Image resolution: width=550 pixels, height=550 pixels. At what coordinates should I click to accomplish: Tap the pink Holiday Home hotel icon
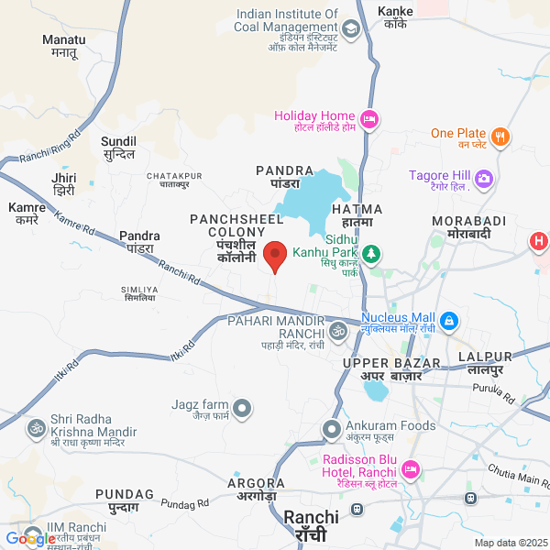(369, 119)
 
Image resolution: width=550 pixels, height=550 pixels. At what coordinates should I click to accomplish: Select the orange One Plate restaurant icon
(500, 137)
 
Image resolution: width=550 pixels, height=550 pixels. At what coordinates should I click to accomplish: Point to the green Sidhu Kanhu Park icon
(371, 253)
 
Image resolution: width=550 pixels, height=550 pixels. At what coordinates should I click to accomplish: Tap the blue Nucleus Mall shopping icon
(448, 320)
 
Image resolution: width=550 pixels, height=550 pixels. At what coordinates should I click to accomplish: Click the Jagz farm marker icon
(242, 407)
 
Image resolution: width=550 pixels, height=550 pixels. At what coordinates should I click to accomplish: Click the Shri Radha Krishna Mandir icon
(37, 428)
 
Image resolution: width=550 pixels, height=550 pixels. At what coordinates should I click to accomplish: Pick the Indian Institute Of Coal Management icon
(350, 30)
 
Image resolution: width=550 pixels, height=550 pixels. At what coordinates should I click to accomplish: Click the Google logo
(29, 539)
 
